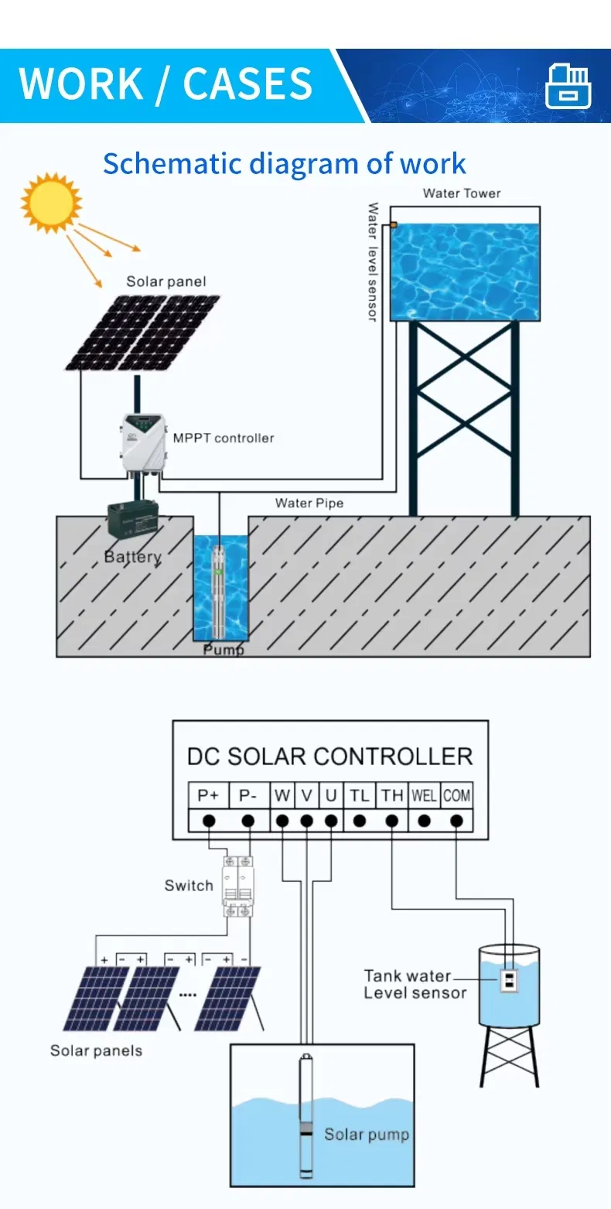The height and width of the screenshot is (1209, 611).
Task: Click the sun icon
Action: click(51, 202)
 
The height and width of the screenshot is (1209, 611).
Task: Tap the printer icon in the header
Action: click(568, 85)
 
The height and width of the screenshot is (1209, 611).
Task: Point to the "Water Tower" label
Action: click(462, 193)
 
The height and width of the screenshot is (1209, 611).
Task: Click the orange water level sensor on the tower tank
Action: click(393, 224)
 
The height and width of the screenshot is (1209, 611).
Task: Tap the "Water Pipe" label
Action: click(309, 504)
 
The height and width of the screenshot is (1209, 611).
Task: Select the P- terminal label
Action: click(248, 795)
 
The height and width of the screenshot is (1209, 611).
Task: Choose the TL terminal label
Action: click(360, 795)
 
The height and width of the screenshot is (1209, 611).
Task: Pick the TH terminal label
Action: click(392, 795)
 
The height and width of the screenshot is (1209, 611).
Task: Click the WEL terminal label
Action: click(425, 795)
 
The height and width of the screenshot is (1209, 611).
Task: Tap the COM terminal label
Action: click(456, 795)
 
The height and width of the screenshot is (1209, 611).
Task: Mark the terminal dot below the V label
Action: click(307, 820)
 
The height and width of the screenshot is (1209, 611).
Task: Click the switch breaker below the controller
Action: click(238, 886)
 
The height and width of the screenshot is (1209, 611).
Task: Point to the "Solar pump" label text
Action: click(366, 1134)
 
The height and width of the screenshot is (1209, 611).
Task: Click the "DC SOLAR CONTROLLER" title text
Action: click(329, 756)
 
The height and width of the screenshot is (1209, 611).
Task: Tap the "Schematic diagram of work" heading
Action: click(284, 164)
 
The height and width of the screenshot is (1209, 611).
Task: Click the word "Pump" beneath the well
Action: click(223, 650)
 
